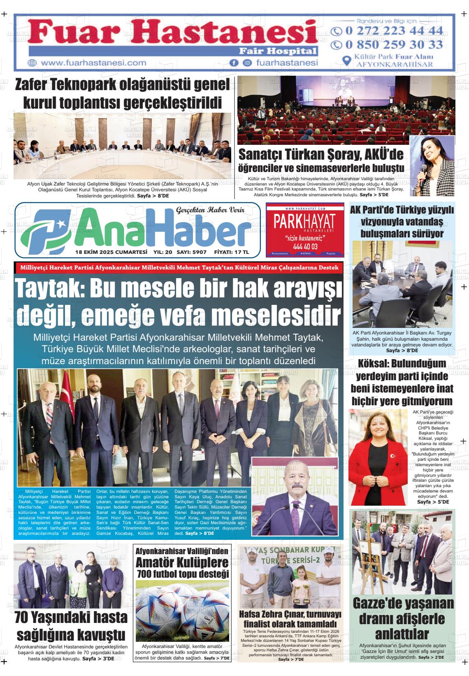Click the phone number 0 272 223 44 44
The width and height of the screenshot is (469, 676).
[x=394, y=31]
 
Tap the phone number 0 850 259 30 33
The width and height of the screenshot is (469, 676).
[x=394, y=44]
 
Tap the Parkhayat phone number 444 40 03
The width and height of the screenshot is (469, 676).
[x=305, y=246]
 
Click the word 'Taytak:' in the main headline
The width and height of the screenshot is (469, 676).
[x=50, y=290]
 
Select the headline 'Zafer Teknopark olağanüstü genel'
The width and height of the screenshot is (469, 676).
[x=122, y=85]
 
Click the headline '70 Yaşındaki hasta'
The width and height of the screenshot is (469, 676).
[x=71, y=618]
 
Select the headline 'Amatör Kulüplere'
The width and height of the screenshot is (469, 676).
[x=182, y=562]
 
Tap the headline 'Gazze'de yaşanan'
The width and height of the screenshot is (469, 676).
[x=403, y=604]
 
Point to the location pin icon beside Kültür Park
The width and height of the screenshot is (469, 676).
[x=347, y=60]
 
